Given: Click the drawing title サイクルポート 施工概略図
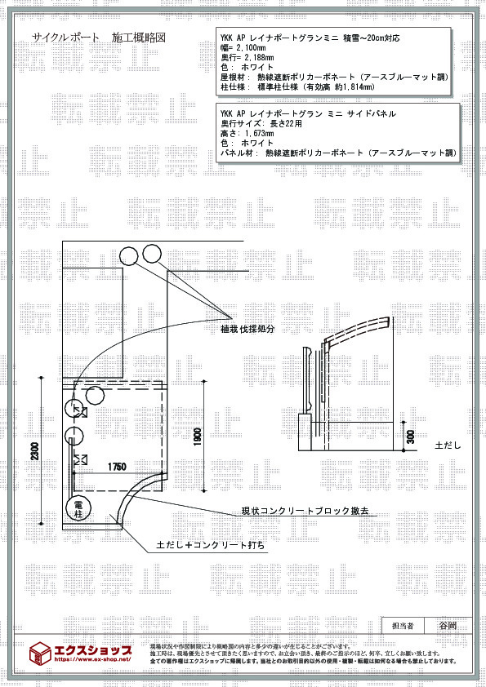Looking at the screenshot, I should pos(99,38).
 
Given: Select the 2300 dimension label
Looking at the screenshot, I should pos(33,451).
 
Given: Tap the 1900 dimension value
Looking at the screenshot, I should pos(197,437).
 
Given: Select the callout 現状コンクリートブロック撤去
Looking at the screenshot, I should pos(304,512).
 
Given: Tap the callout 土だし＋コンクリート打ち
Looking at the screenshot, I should pos(210,543).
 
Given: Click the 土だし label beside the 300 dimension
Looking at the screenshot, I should pos(448,445).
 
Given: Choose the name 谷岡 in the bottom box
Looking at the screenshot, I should pos(447,626).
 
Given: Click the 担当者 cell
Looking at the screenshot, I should pos(403,626).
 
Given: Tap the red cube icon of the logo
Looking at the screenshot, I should pos(40,652).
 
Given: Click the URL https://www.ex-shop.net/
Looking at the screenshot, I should pos(92,658).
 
